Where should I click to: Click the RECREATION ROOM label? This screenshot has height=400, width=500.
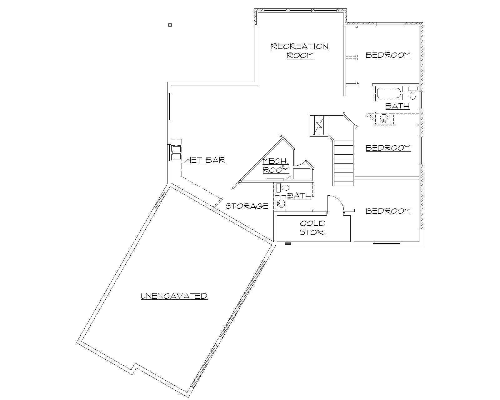pos(300,51)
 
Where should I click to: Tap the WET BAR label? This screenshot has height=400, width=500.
pos(205,160)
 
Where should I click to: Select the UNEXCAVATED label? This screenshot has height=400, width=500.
pos(174,296)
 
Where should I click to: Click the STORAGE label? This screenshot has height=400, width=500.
pos(247,206)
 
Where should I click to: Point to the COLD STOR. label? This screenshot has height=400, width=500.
pos(313,228)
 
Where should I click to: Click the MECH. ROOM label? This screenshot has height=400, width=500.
pos(276,166)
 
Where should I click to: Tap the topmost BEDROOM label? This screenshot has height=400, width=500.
pos(388,55)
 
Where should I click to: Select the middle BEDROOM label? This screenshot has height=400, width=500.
pos(388,147)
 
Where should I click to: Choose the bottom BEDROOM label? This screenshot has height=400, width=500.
pos(388,211)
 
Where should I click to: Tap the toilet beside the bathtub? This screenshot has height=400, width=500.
pos(412,93)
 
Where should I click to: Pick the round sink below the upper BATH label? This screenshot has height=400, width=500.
pos(384,118)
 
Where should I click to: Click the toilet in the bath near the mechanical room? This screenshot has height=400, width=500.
pos(286,188)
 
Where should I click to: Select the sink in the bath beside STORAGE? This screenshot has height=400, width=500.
pos(281,204)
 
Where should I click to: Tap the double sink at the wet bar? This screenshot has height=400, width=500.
pos(176,152)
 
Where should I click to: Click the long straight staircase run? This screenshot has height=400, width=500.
pos(343,162)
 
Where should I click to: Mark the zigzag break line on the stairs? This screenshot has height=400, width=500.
pos(319,125)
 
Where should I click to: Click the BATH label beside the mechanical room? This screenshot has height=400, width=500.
pos(299,196)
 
